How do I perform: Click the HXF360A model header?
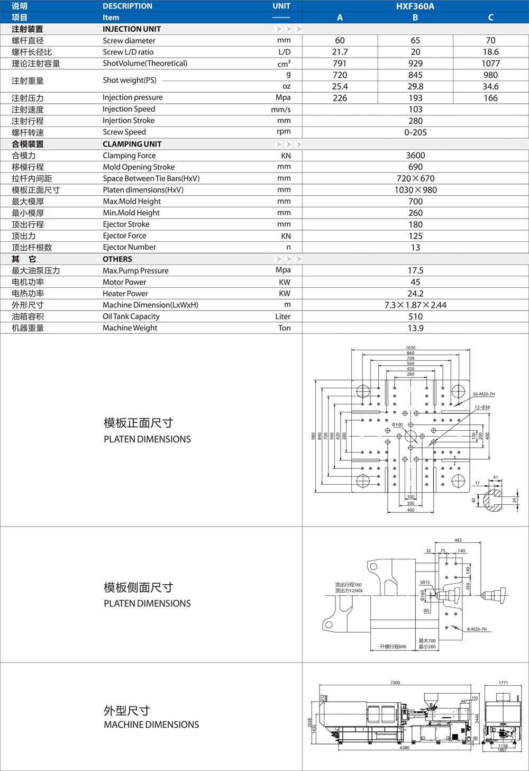click(415, 6)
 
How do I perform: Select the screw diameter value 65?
click(415, 40)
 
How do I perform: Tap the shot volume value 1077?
click(490, 64)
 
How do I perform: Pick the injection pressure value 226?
click(340, 98)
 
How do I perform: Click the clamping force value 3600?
click(415, 156)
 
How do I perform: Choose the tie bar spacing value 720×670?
click(415, 178)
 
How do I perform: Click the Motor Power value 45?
click(415, 282)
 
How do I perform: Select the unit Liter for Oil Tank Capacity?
click(282, 316)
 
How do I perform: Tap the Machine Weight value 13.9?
click(415, 328)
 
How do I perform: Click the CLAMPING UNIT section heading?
click(132, 144)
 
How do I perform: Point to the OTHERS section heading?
click(117, 259)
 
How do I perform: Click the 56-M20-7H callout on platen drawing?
click(484, 394)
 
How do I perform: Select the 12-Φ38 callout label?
click(482, 407)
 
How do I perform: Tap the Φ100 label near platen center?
click(397, 425)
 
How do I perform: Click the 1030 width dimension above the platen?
click(411, 348)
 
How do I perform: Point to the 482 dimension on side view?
click(458, 540)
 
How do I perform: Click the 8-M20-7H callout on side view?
click(477, 629)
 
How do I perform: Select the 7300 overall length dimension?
click(395, 683)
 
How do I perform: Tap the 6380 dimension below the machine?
click(405, 748)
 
